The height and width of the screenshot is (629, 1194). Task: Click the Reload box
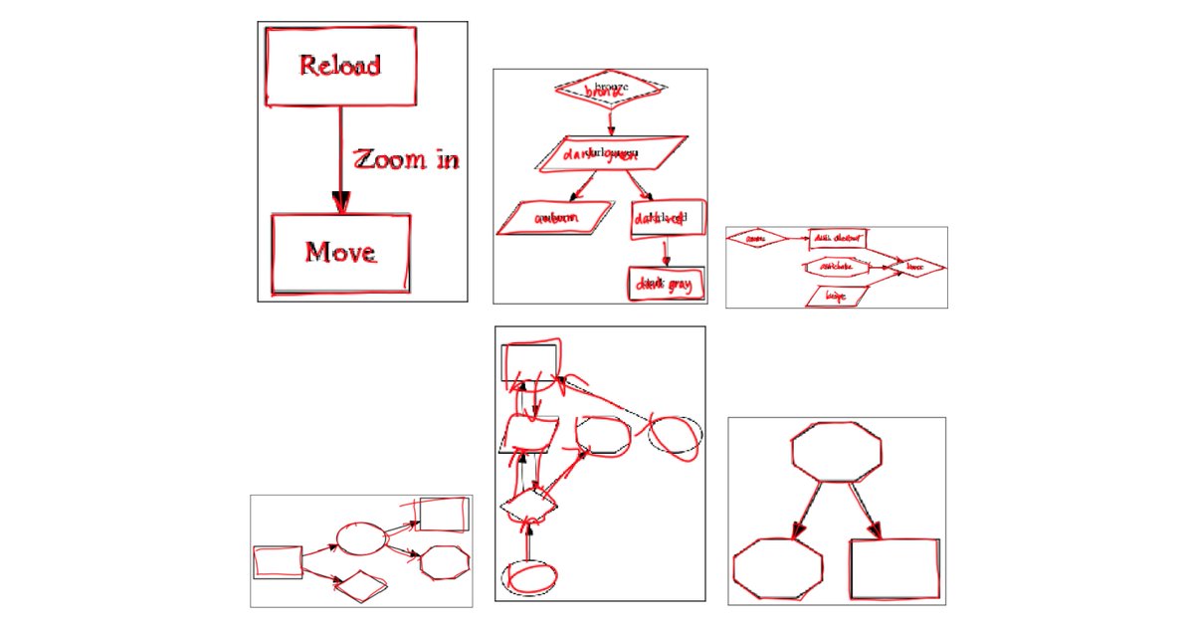(339, 66)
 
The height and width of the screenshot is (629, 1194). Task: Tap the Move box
(340, 252)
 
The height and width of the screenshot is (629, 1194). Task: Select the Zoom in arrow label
(407, 159)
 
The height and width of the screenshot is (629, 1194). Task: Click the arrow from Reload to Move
(340, 159)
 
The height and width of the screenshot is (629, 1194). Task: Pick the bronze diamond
(609, 89)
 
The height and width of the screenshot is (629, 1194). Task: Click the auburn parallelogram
(555, 218)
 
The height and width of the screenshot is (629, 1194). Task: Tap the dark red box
(667, 218)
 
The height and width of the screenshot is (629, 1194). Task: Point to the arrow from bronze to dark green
(610, 118)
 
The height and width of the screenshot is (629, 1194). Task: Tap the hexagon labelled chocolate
(837, 267)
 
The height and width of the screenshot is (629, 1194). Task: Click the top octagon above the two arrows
(837, 451)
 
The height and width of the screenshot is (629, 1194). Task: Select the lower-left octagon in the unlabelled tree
(778, 569)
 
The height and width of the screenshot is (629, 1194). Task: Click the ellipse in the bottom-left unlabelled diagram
(360, 538)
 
